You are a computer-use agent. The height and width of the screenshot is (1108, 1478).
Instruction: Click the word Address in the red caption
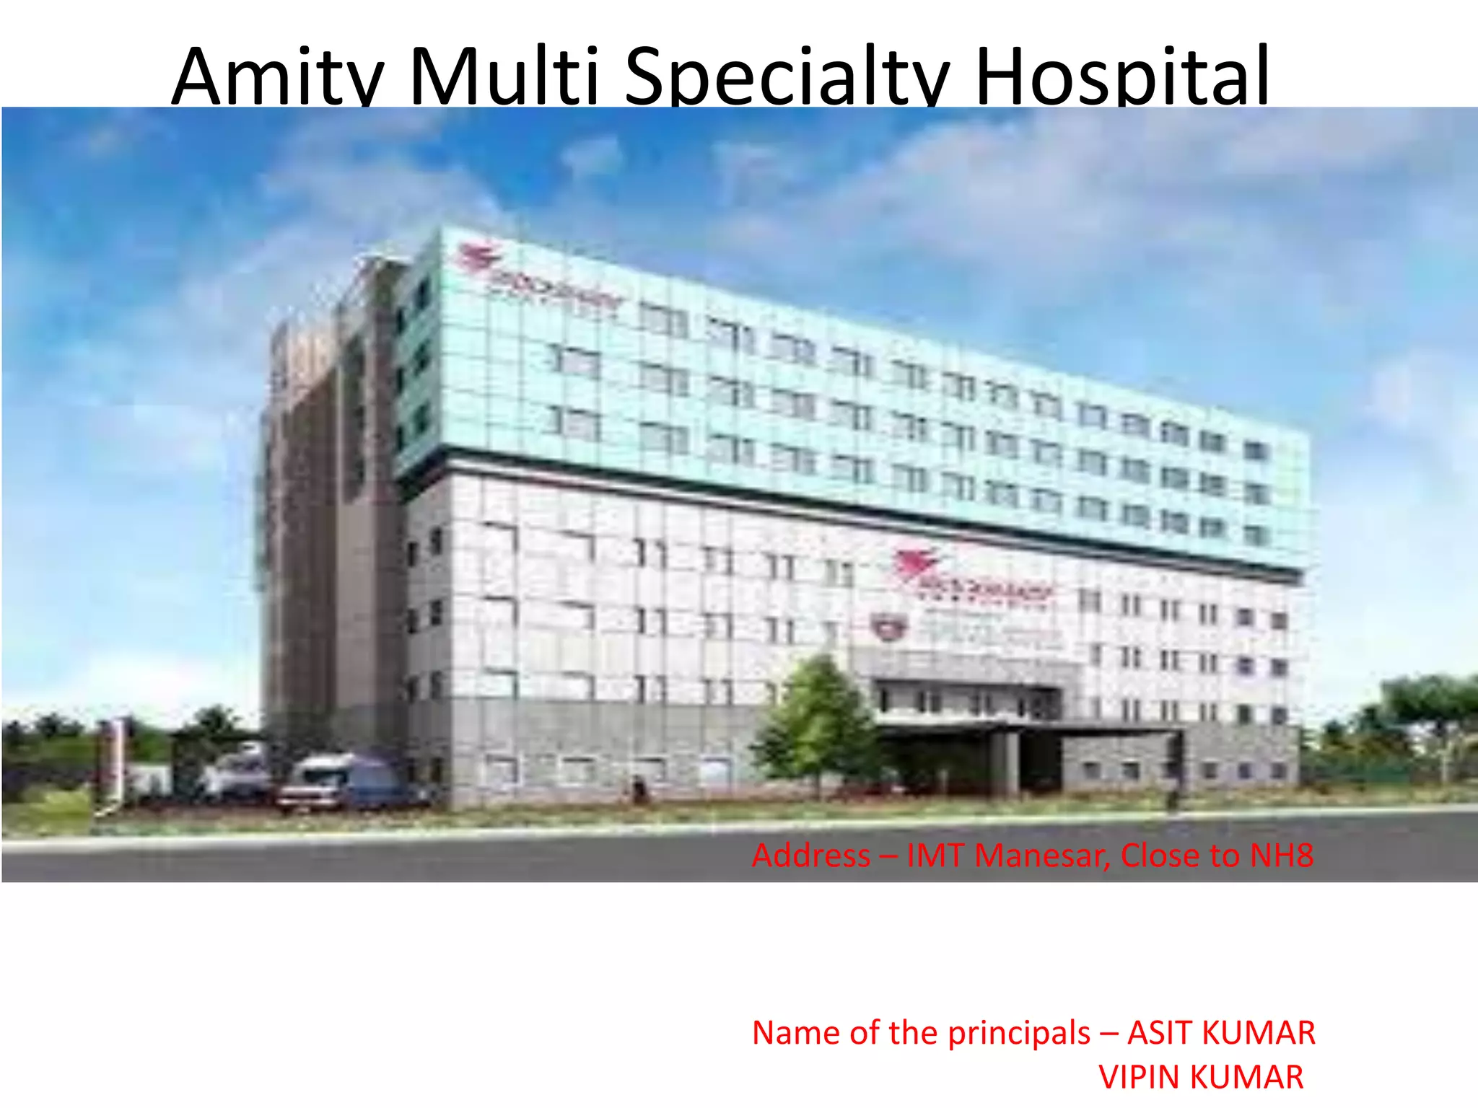pos(811,856)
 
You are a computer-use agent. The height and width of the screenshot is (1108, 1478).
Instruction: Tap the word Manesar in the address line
pos(1042,856)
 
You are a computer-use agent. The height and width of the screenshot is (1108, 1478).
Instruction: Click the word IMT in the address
pos(936,856)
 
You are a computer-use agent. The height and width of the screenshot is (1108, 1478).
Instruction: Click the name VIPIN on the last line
pos(1140,1078)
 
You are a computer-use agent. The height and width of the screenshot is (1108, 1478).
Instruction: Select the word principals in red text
pos(1019,1033)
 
